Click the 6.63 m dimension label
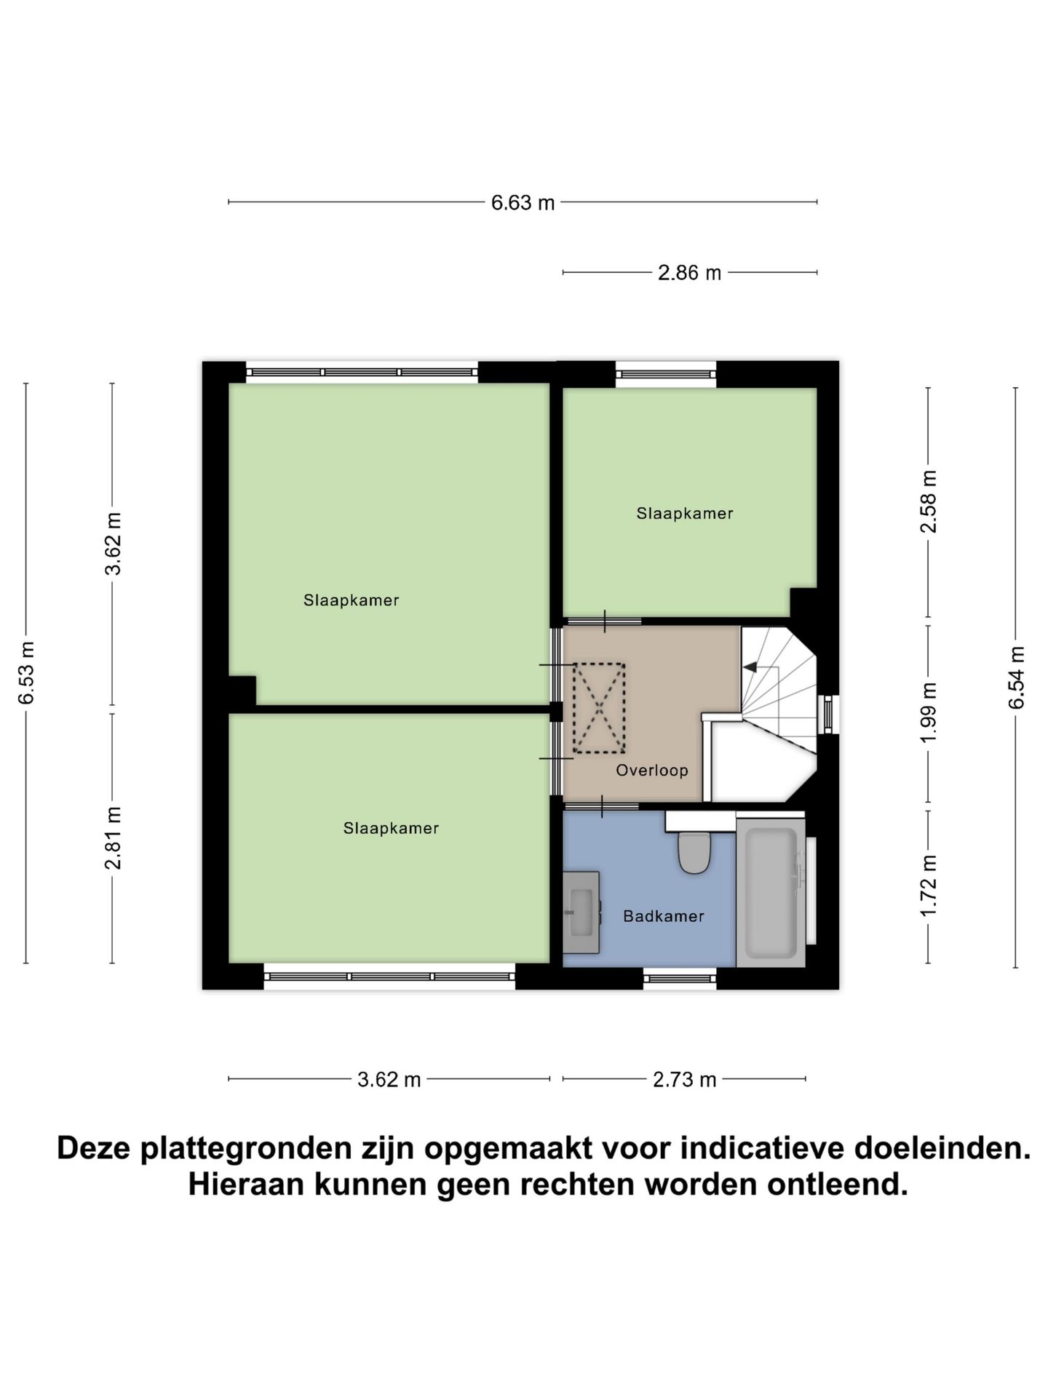[x=523, y=203]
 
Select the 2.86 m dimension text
[x=688, y=273]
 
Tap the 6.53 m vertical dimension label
[x=27, y=672]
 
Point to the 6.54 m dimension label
[x=1016, y=677]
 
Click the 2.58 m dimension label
[x=928, y=501]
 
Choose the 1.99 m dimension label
[x=928, y=713]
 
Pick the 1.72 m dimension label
[x=928, y=885]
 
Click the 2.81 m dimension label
[x=113, y=837]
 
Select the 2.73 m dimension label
[x=684, y=1080]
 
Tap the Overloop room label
[x=651, y=771]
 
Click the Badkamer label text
[x=663, y=917]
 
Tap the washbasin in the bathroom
[x=581, y=912]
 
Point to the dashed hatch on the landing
[x=599, y=708]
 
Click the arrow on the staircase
[x=750, y=666]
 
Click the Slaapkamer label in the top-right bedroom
[x=684, y=514]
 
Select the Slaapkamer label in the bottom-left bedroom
[x=391, y=829]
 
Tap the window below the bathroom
[x=680, y=979]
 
